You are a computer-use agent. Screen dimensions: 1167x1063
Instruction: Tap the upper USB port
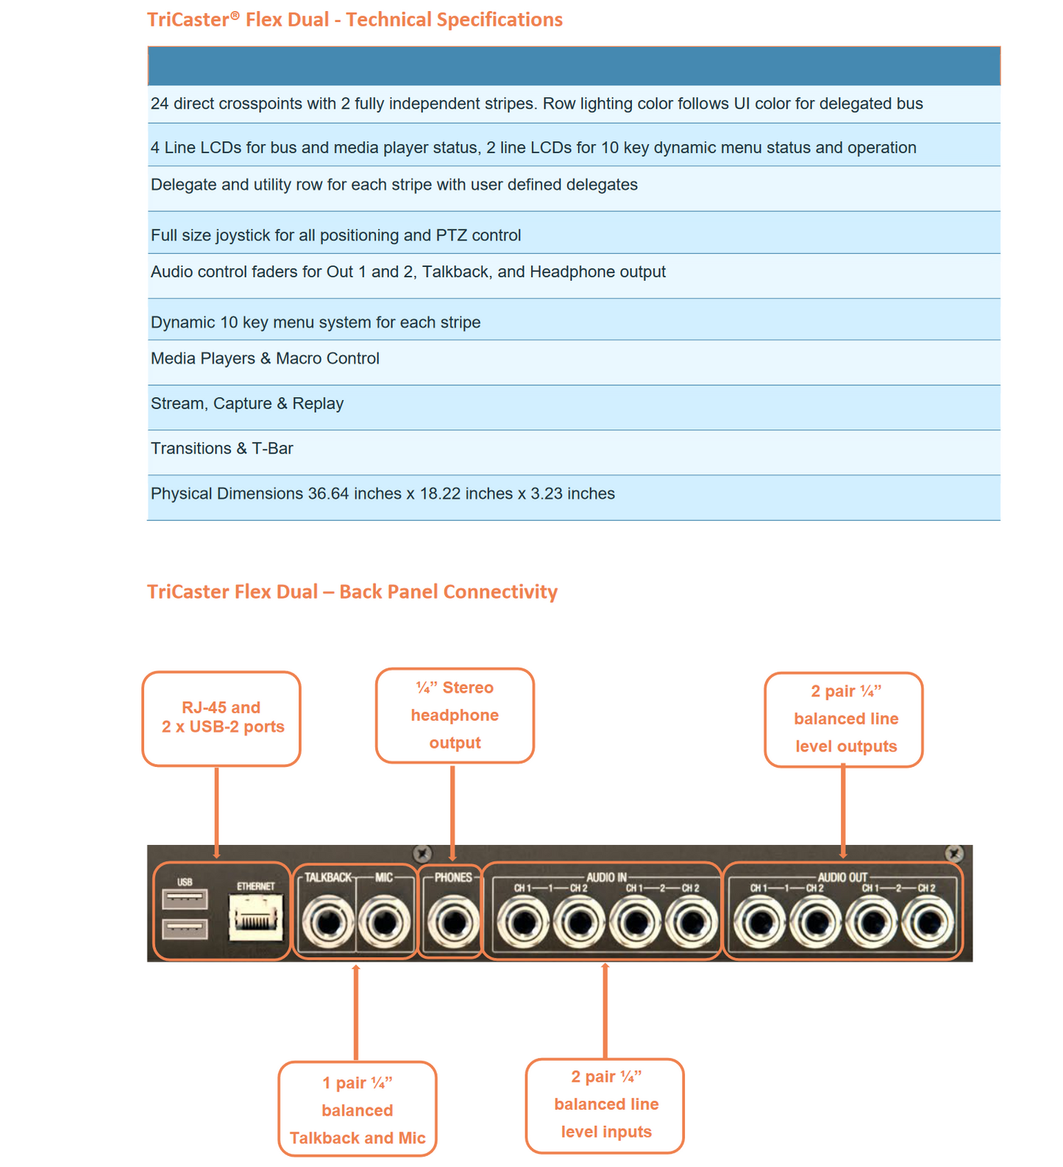185,899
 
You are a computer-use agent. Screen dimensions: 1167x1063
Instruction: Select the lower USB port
185,928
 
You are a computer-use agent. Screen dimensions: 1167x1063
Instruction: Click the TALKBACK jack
327,921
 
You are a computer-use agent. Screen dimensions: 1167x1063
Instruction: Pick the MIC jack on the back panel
384,921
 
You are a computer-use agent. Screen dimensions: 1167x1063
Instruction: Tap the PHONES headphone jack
452,921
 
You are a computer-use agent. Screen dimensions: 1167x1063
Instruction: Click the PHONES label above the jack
452,877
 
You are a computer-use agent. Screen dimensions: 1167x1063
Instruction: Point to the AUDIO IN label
606,877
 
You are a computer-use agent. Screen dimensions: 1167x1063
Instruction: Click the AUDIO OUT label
842,877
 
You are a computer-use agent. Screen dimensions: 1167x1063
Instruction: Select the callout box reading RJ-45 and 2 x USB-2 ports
221,718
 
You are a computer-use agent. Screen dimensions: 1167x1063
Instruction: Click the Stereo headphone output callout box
455,715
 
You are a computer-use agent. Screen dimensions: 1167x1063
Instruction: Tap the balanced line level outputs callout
844,719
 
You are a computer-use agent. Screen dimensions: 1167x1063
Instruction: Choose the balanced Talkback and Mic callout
358,1110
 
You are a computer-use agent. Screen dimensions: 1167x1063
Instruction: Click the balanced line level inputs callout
605,1104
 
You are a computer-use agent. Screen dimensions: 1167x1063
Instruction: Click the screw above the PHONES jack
422,854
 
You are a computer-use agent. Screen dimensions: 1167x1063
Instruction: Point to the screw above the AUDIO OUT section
954,853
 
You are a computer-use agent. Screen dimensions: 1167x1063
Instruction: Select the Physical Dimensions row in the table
383,494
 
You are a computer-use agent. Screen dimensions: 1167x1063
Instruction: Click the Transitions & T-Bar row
222,449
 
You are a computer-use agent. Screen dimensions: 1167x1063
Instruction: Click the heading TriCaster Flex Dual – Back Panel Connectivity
352,592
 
